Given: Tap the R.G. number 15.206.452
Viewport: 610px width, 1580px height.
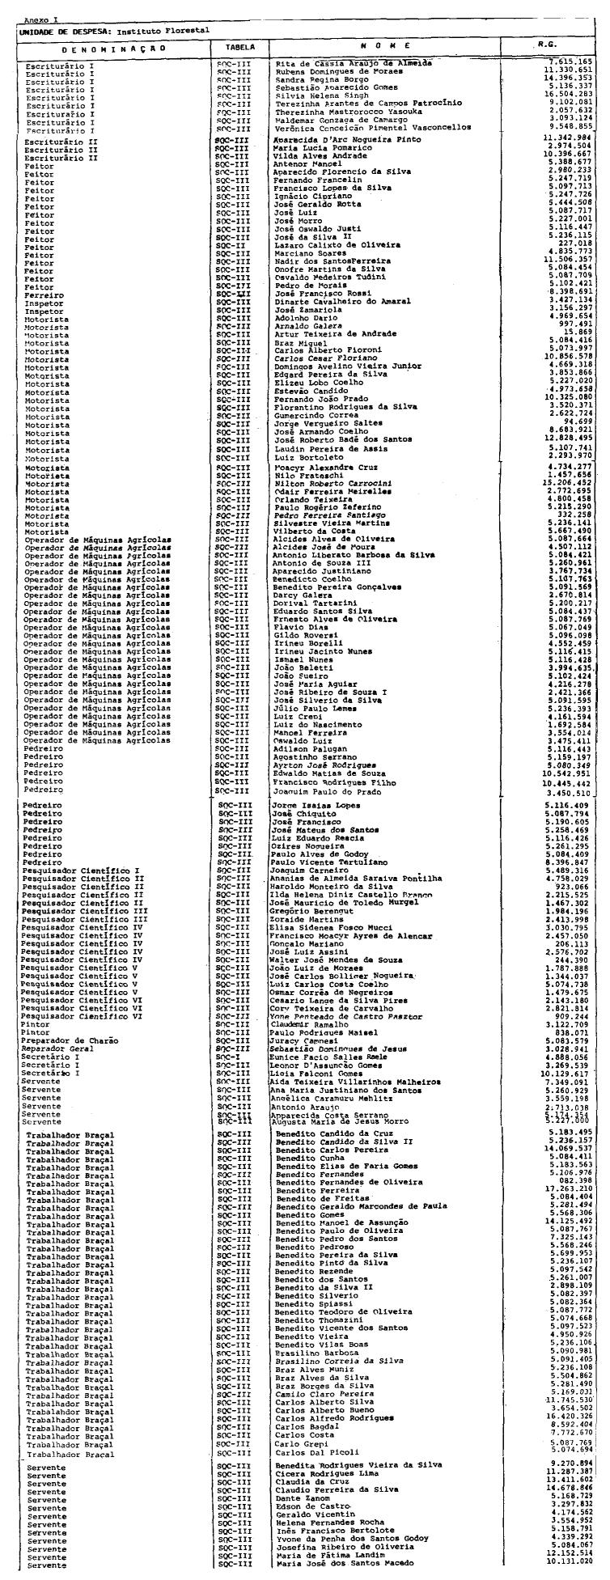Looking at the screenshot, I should [x=570, y=482].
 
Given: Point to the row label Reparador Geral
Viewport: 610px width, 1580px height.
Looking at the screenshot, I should [x=58, y=1047].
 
